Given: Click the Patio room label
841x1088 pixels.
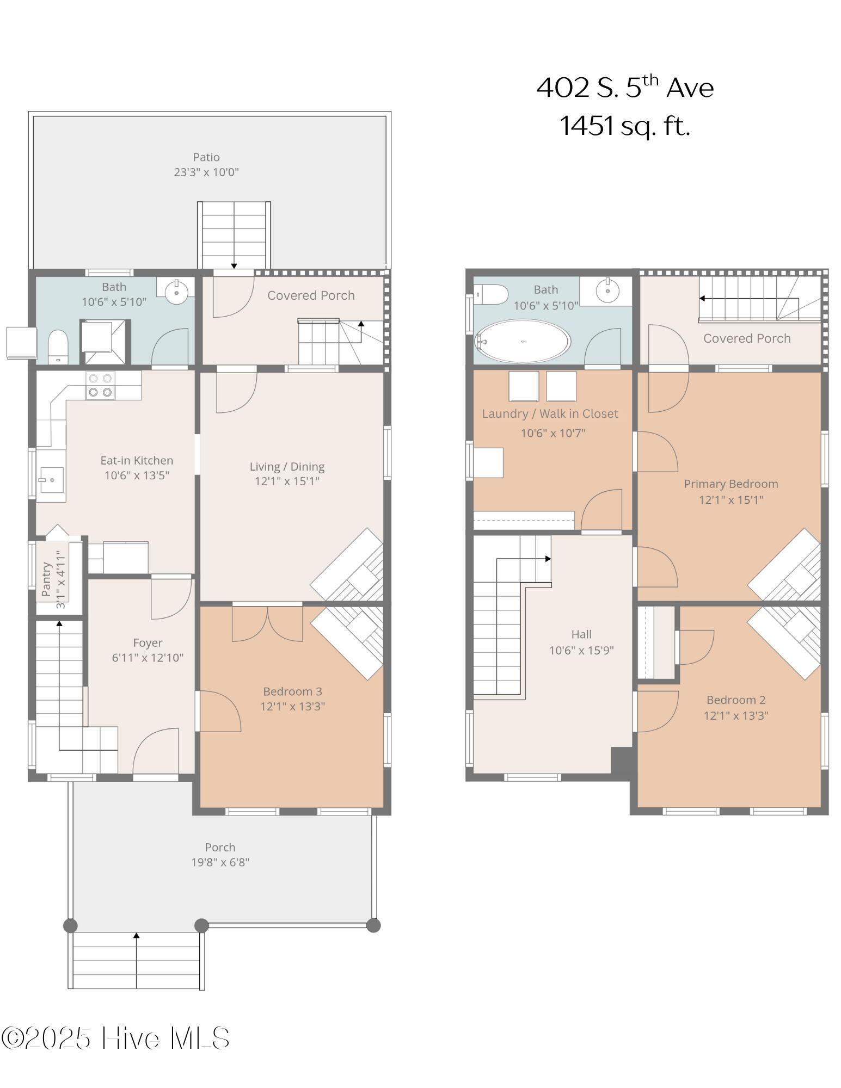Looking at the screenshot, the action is coord(206,157).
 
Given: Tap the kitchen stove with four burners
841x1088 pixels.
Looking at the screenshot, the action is coord(100,385).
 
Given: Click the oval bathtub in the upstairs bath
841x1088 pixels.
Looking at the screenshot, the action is coord(523,341).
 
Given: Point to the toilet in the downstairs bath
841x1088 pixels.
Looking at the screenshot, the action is coord(58,346).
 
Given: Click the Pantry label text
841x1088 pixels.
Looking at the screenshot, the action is coord(46,579).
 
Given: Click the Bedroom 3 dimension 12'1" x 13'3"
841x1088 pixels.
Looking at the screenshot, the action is coord(293,706).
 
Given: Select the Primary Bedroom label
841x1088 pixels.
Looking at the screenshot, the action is coord(731,484).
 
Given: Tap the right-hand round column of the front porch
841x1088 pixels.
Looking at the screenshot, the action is coord(373,925).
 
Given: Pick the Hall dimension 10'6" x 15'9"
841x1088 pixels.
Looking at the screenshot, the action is coord(581,650).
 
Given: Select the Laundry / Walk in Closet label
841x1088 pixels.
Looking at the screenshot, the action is coord(550,413).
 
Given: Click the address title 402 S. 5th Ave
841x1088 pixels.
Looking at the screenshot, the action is coord(625,87).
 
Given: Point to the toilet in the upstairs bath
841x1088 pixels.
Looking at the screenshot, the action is coord(492,295).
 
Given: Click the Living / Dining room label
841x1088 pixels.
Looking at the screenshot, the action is coord(287,466).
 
